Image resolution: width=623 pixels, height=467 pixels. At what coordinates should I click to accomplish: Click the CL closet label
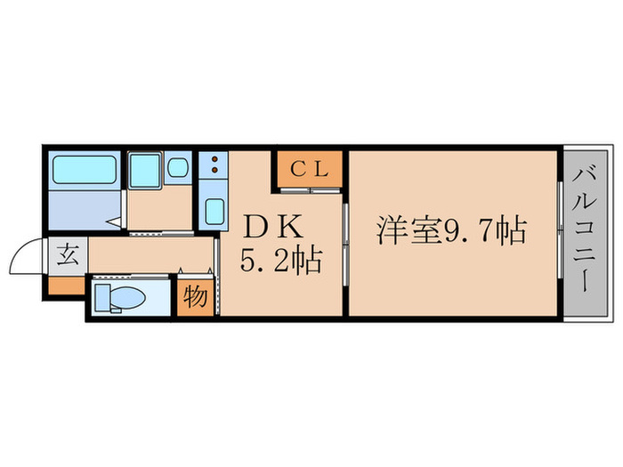pyautogui.click(x=309, y=168)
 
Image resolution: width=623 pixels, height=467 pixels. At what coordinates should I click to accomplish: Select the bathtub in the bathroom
pyautogui.click(x=85, y=170)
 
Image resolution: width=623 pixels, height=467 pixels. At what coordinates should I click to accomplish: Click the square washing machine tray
pyautogui.click(x=143, y=170)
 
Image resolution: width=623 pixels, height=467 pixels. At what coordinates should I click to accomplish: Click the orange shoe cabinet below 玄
pyautogui.click(x=65, y=286)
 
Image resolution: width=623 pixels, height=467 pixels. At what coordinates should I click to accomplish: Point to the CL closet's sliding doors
pyautogui.click(x=309, y=189)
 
